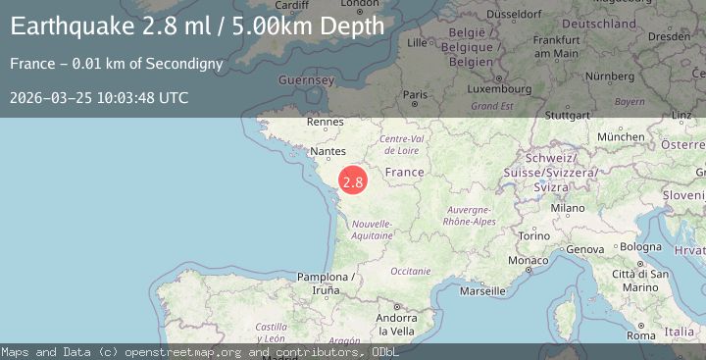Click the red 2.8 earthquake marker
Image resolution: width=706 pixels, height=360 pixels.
(x=353, y=181)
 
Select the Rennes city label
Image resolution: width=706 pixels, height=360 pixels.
(x=325, y=122)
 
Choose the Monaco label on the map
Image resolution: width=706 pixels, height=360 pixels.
(x=528, y=260)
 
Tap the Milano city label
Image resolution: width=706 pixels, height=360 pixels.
(x=567, y=208)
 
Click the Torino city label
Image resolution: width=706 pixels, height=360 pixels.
(x=534, y=236)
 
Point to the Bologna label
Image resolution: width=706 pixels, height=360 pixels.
(x=641, y=246)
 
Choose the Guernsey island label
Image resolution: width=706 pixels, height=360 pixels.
(x=307, y=79)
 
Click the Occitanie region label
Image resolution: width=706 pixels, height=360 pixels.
(x=410, y=271)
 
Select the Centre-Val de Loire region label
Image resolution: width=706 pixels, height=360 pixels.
(x=401, y=145)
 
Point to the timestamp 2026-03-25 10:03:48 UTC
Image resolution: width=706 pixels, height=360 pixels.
(x=99, y=97)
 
